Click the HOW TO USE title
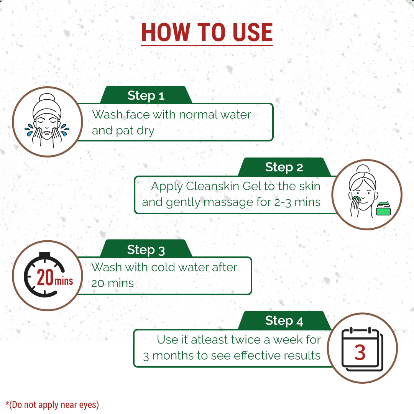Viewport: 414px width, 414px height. coord(207,32)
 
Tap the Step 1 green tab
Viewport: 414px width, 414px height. coord(146,95)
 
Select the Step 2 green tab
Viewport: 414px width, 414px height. coord(284,167)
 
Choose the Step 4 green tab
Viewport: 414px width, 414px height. coord(284,320)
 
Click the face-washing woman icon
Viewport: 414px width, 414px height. coord(47,120)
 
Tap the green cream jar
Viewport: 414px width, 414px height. coord(383,208)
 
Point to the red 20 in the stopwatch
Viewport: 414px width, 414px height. coord(45,277)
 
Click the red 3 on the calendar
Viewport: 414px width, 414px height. coord(360,353)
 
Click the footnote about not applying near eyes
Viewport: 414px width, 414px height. coord(52,405)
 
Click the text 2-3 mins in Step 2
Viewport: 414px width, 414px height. coord(297,202)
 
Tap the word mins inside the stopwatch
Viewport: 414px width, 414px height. coord(64,281)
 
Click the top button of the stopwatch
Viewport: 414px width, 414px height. coord(44,255)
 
